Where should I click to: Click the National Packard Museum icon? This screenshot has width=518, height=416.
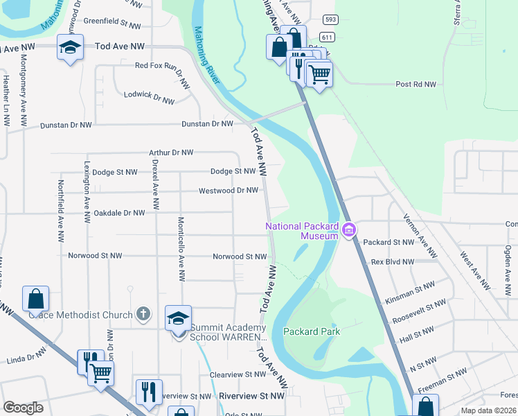(x=348, y=229)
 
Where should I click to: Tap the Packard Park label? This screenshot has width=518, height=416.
(x=311, y=331)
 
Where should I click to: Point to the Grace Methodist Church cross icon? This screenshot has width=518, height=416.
(x=143, y=314)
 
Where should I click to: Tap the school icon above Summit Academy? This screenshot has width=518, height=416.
(x=178, y=319)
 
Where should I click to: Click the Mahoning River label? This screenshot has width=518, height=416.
(x=207, y=55)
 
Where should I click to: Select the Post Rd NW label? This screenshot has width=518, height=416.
(x=416, y=85)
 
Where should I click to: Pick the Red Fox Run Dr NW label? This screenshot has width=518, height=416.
(x=162, y=66)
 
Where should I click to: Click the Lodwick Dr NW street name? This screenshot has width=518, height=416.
(x=149, y=97)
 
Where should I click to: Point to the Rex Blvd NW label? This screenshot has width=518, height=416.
(x=392, y=262)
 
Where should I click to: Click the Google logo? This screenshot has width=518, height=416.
(x=23, y=408)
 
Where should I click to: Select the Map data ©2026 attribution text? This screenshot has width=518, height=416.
(x=488, y=410)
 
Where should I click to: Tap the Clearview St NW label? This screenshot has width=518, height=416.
(x=237, y=374)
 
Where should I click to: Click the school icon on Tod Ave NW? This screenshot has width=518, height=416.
(x=69, y=46)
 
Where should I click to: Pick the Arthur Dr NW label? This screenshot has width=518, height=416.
(x=171, y=152)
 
